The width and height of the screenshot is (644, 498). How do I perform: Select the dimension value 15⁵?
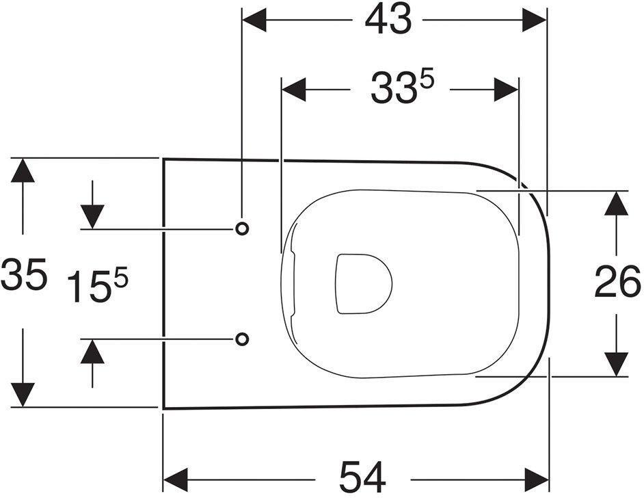[98, 285]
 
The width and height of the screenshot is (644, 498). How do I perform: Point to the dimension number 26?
[617, 283]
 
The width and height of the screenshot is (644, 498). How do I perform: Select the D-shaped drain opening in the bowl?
[362, 283]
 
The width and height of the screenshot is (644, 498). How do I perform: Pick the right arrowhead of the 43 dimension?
[535, 21]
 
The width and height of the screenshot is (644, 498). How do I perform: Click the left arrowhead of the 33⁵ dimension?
[293, 89]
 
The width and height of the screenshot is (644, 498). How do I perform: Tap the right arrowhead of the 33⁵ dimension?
[507, 89]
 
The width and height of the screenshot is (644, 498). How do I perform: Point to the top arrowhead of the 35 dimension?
[23, 170]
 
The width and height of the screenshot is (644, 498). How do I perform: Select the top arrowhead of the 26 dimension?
[617, 202]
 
